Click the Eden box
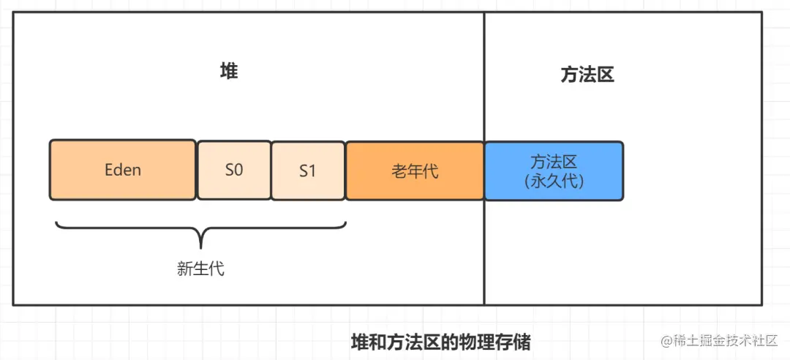[x=122, y=170]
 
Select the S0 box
[x=233, y=170]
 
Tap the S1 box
[x=307, y=170]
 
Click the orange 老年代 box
[x=414, y=170]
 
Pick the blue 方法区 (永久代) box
[x=554, y=170]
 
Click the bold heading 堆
[x=229, y=72]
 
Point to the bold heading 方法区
[x=587, y=75]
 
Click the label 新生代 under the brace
[x=200, y=269]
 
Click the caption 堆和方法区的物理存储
[x=440, y=342]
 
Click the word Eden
[x=122, y=170]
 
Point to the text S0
[x=233, y=170]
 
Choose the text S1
[x=307, y=171]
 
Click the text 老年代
[x=414, y=171]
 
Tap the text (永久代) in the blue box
[x=554, y=180]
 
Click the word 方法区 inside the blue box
[x=554, y=162]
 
